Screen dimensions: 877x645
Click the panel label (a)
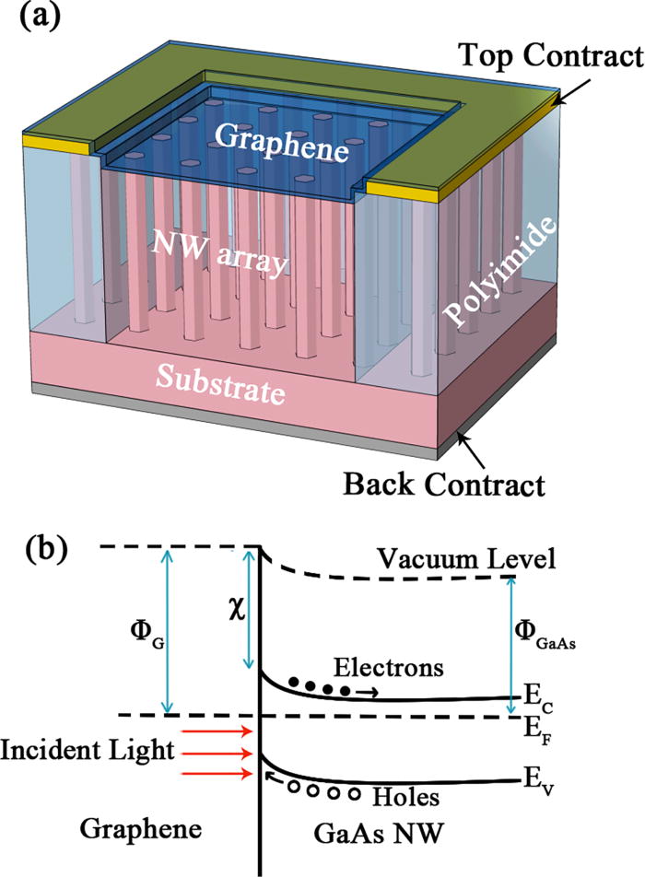click(36, 18)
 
